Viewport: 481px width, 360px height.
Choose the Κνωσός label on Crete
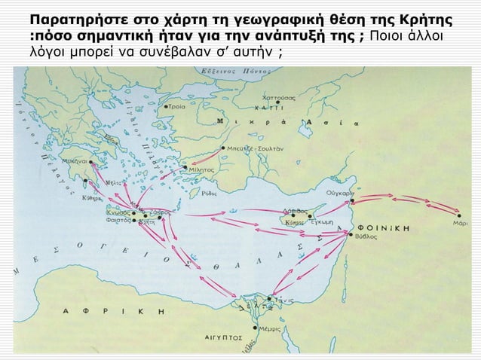tap(117, 213)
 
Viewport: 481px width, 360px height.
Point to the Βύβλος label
tap(366, 236)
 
